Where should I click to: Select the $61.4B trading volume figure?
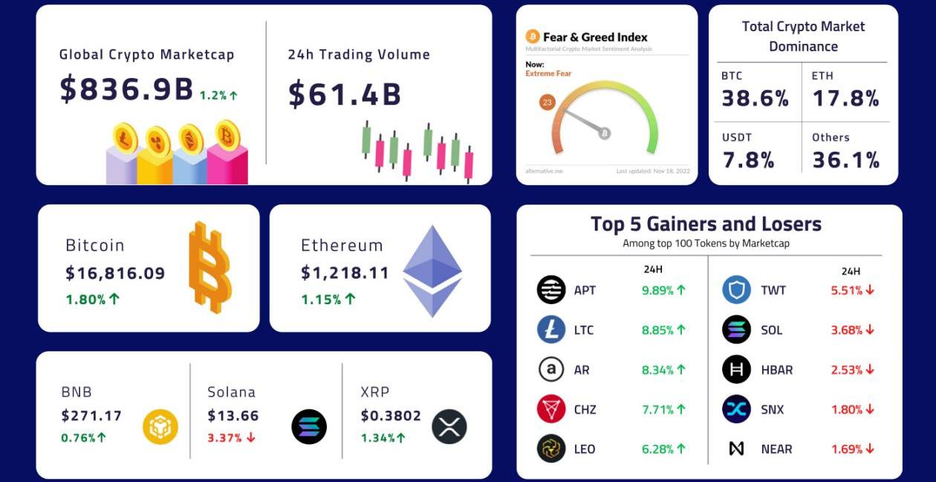click(x=345, y=94)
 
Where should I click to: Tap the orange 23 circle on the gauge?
click(x=548, y=103)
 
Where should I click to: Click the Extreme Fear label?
click(x=548, y=74)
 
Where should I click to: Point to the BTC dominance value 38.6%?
click(x=755, y=98)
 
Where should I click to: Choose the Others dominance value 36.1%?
click(x=845, y=160)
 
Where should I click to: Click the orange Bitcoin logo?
click(x=209, y=266)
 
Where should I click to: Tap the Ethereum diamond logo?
click(x=432, y=271)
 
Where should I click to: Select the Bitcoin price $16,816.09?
click(x=115, y=273)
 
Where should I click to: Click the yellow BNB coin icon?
click(x=160, y=427)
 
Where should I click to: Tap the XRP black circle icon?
click(x=449, y=427)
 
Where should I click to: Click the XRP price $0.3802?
click(x=391, y=416)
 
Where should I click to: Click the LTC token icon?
click(x=551, y=330)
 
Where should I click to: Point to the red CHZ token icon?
click(x=551, y=409)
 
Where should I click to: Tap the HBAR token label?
click(x=777, y=370)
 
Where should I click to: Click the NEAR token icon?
click(x=736, y=449)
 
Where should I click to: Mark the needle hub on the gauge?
click(x=605, y=133)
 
